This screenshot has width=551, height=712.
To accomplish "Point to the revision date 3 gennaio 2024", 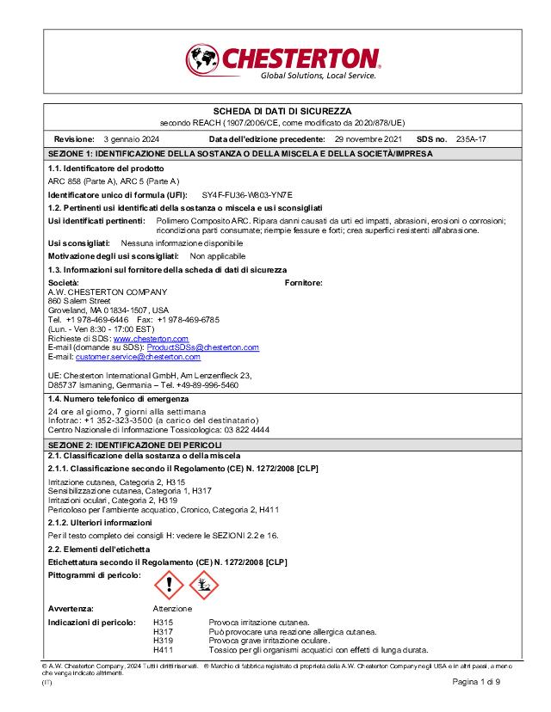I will pyautogui.click(x=131, y=138).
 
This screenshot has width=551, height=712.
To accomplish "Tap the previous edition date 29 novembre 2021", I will pyautogui.click(x=368, y=138).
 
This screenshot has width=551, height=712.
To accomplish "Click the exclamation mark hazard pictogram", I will pyautogui.click(x=169, y=586).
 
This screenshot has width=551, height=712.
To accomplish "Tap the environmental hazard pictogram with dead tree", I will pyautogui.click(x=205, y=586).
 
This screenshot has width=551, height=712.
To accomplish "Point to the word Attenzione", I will pyautogui.click(x=172, y=608).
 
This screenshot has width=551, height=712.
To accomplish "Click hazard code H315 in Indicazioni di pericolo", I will pyautogui.click(x=164, y=621).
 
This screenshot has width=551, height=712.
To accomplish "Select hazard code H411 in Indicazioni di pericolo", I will pyautogui.click(x=164, y=649).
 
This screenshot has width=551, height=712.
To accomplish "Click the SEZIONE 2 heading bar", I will pyautogui.click(x=275, y=443).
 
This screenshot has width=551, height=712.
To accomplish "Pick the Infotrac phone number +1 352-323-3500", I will pyautogui.click(x=112, y=420).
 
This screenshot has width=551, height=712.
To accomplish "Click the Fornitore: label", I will pyautogui.click(x=303, y=282).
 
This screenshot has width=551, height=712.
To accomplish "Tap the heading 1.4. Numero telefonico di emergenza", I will pyautogui.click(x=118, y=400).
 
